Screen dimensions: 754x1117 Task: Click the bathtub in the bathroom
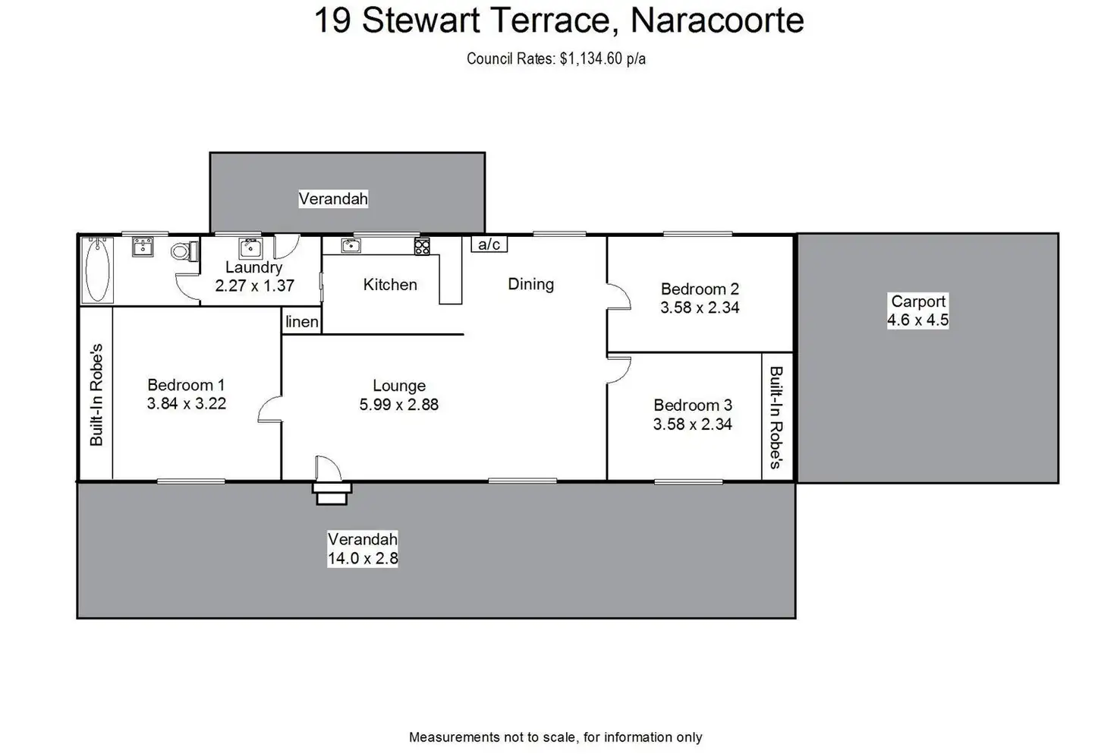coord(97,270)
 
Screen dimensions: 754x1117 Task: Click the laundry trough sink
coord(250,248)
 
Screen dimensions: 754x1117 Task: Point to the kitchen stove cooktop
coord(422,246)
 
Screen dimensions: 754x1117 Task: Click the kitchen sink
coord(351,244)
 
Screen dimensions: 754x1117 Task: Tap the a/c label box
coord(489,244)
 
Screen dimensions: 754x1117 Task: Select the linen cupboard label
coord(302,322)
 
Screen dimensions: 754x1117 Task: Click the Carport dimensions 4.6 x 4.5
coord(918,320)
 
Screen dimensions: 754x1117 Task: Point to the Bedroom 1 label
coord(186,385)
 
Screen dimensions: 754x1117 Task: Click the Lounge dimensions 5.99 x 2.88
coord(399,405)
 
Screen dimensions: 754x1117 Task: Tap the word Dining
coord(531,284)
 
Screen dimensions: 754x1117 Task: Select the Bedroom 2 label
coord(700,289)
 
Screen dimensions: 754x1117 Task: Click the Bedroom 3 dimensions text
coord(693,424)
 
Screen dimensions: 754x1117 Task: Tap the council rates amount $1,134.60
coord(591,59)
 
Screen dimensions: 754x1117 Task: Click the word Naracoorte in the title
coord(717,21)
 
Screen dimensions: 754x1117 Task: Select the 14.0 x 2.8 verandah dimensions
coord(363,558)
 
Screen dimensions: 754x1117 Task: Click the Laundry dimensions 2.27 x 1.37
coord(254,286)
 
